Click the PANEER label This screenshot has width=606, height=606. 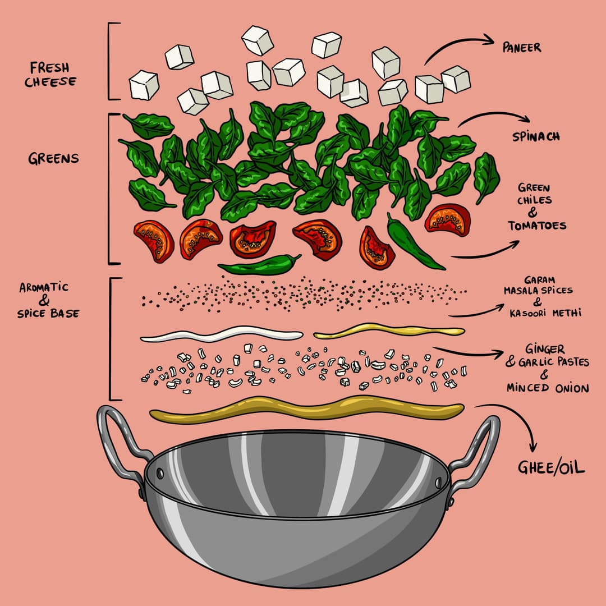click(522, 47)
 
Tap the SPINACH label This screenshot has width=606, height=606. click(535, 137)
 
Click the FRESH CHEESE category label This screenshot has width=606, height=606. click(50, 75)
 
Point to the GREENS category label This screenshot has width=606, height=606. click(53, 159)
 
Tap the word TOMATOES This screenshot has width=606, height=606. click(536, 226)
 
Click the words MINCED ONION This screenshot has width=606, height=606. click(548, 388)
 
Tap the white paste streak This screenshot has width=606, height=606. click(222, 336)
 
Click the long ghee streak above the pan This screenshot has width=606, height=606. click(306, 408)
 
